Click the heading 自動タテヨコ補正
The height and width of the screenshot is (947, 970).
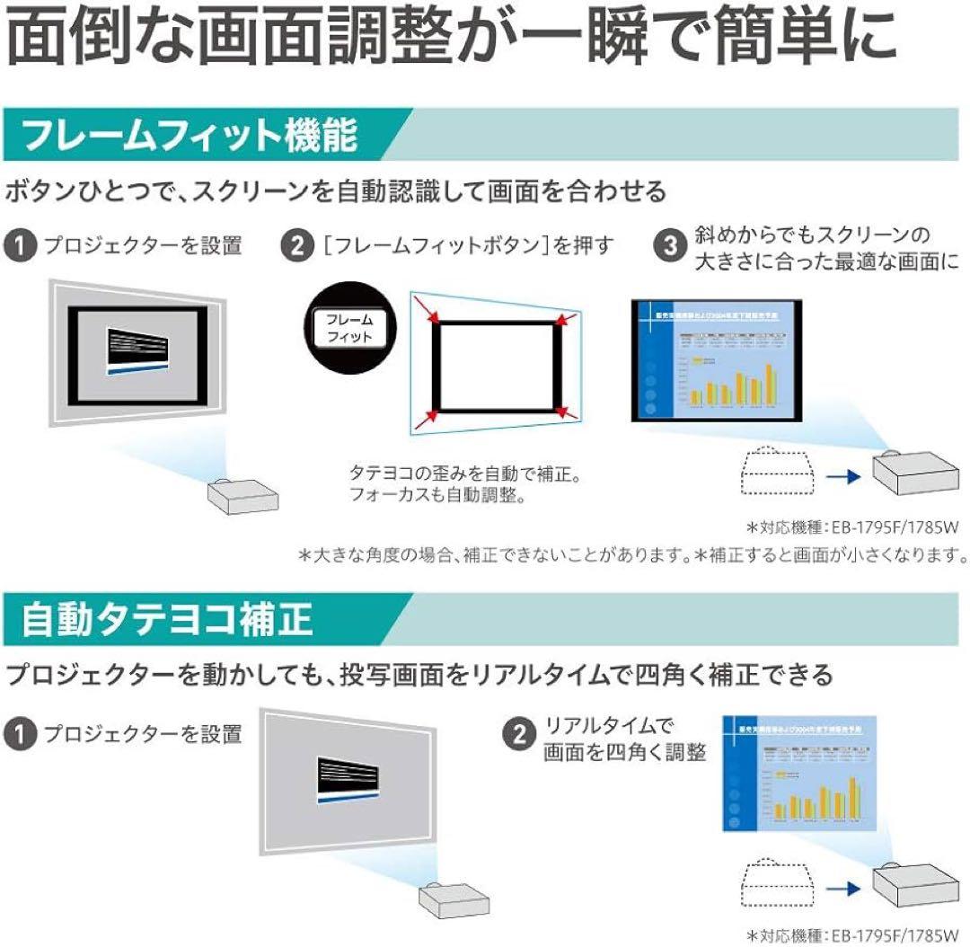(x=167, y=619)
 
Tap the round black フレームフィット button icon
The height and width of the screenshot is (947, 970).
(x=348, y=328)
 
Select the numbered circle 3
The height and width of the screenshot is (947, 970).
(x=670, y=243)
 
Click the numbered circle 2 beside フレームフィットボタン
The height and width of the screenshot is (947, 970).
(x=295, y=244)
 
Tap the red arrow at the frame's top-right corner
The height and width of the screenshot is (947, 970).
(x=563, y=318)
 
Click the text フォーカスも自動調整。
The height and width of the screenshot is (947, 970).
(x=437, y=494)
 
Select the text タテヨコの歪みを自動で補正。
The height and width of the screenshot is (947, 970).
(x=465, y=472)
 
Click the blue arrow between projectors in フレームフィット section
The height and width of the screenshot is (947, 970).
(x=841, y=475)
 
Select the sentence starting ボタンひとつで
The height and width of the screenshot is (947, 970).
(x=336, y=191)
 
